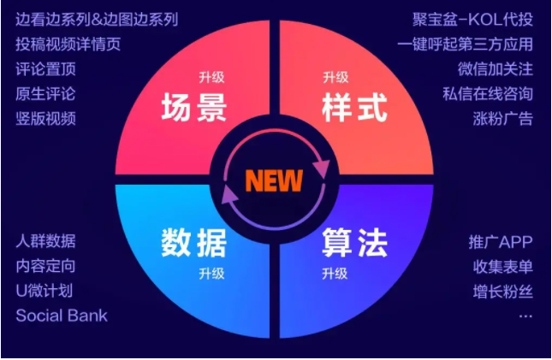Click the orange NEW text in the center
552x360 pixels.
274,181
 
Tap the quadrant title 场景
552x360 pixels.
194,108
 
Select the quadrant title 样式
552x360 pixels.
354,108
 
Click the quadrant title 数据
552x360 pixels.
194,243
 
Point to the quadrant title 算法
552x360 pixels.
354,243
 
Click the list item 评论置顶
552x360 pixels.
45,69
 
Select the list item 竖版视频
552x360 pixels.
45,119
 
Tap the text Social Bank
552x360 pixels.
62,316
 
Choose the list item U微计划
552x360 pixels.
45,291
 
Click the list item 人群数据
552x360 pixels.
45,241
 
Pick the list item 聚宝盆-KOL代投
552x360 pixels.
472,20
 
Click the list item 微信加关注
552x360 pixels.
496,69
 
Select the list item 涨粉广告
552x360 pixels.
503,119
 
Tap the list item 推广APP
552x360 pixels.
501,242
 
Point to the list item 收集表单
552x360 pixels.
503,267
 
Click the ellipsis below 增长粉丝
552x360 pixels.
525,316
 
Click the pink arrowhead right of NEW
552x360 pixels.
322,169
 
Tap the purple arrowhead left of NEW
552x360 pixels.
229,194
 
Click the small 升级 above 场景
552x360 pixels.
211,77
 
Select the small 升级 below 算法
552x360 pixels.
335,274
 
